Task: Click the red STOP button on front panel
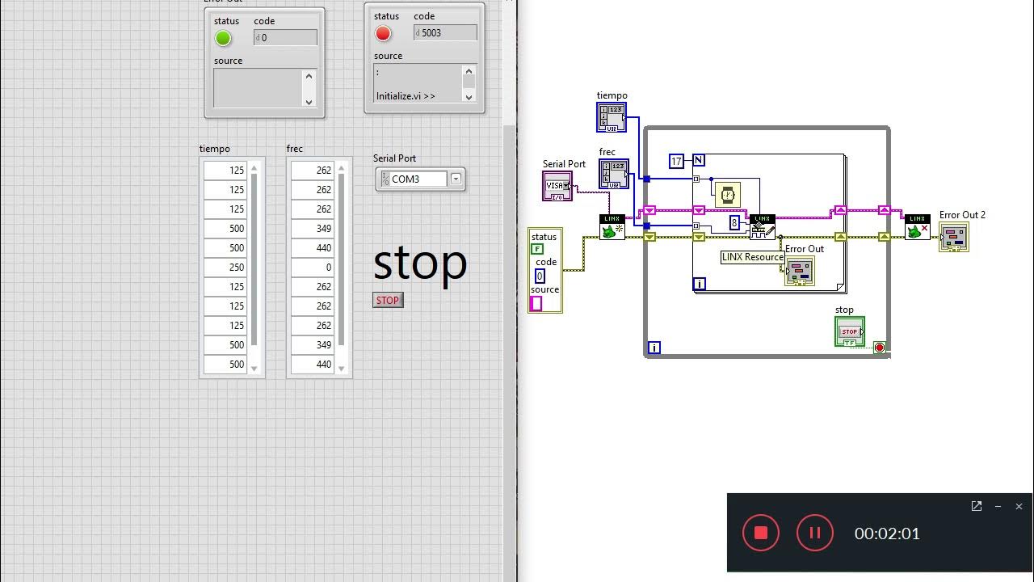(x=388, y=301)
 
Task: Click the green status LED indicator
(x=223, y=38)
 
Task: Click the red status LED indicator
(x=383, y=33)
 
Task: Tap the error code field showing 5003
(x=445, y=33)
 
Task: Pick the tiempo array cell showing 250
(x=226, y=268)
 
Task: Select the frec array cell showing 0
(x=313, y=268)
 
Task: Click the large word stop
(x=420, y=263)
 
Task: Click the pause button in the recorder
(x=814, y=533)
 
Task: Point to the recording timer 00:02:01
(x=887, y=533)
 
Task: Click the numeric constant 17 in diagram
(x=676, y=161)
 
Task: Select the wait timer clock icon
(x=728, y=195)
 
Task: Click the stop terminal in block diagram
(x=849, y=331)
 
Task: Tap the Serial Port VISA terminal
(x=557, y=186)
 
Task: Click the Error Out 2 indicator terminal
(x=954, y=237)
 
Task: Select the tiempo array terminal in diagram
(x=612, y=117)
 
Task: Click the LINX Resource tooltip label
(x=752, y=257)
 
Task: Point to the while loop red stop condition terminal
(x=880, y=348)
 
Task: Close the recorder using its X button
(x=1019, y=507)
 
